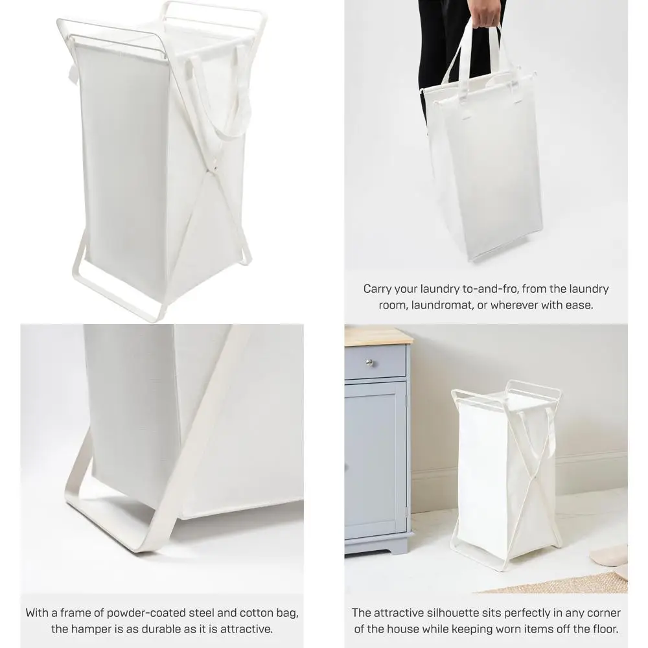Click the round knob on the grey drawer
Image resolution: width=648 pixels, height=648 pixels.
click(x=370, y=362)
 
